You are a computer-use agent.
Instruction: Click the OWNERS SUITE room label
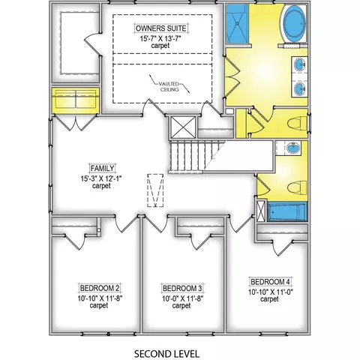pos(161,28)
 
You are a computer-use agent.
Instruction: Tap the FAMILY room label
pos(102,168)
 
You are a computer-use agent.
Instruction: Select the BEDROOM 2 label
pos(100,288)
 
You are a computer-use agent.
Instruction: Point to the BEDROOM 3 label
pos(182,288)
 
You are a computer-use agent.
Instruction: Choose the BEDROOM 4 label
pos(270,282)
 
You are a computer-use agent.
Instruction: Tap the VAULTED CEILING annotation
pos(169,86)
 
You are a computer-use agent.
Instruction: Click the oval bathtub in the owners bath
pos(295,24)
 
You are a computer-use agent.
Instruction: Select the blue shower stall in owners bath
pos(236,24)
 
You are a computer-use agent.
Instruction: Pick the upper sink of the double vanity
pos(299,64)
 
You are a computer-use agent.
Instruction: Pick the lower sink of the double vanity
pos(299,89)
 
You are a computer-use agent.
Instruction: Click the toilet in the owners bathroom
pos(297,124)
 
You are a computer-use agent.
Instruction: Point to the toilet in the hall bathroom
pos(297,187)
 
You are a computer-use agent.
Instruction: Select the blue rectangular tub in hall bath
pos(287,211)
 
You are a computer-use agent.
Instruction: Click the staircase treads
pos(193,156)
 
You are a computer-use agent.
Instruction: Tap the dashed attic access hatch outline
pos(155,190)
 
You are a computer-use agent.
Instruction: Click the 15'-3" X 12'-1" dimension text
pos(101,178)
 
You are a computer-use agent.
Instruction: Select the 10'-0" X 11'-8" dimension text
pos(182,298)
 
